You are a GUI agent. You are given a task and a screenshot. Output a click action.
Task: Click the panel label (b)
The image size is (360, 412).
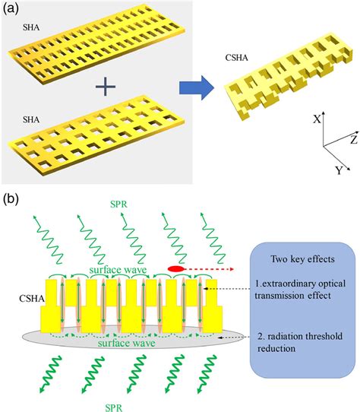coord(13,199)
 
